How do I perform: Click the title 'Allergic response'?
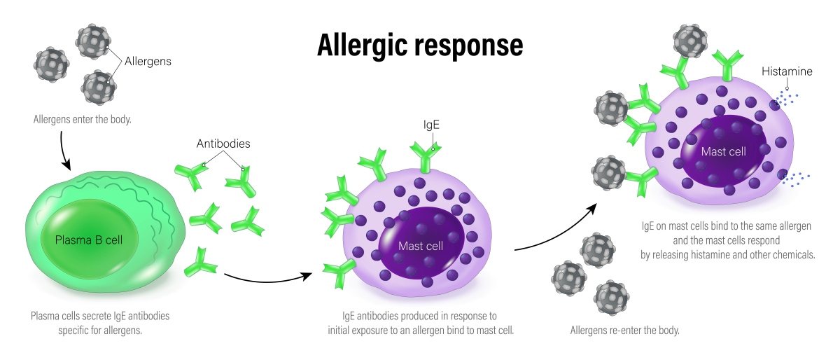[419, 45]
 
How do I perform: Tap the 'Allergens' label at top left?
[148, 62]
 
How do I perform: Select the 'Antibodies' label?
[223, 144]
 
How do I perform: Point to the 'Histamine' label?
[787, 71]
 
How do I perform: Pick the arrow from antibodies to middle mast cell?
[266, 276]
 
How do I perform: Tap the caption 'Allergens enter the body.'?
[83, 120]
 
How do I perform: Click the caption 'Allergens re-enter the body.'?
[625, 330]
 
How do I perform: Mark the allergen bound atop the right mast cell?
[689, 40]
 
